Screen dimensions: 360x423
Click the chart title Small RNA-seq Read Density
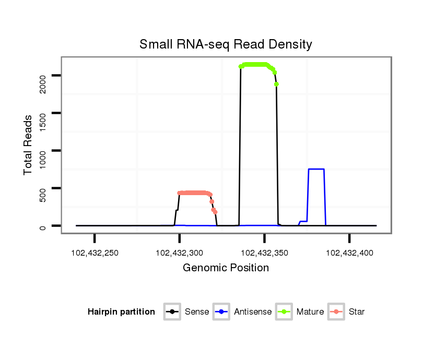226,44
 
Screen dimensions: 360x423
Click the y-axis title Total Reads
29,145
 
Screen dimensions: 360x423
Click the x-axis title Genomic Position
226,268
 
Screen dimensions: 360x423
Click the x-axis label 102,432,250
95,253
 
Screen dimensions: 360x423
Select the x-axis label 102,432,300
180,253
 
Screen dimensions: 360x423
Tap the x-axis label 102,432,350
264,253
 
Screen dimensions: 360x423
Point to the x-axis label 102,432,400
349,253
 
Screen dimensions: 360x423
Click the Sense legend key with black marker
172,312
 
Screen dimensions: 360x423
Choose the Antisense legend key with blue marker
222,312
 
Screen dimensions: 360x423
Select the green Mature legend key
285,312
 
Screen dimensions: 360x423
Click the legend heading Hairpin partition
121,312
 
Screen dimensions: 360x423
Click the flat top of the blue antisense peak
316,169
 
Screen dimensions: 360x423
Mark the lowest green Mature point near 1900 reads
276,84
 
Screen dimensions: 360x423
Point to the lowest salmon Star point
215,212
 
